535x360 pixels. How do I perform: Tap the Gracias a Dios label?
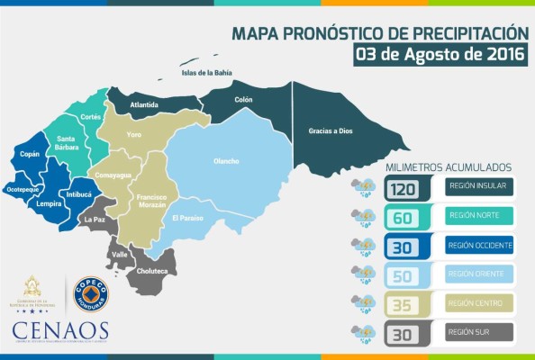(x=327, y=130)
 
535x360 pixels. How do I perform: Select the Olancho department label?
(x=225, y=161)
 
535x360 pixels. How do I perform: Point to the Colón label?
(x=243, y=99)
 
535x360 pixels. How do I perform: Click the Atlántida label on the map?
(x=144, y=104)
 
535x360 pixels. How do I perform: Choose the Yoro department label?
(x=134, y=135)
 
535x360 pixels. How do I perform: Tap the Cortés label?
(x=90, y=117)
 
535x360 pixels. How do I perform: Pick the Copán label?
(x=30, y=155)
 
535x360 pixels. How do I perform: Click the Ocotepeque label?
(x=23, y=191)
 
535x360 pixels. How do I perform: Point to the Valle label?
(x=119, y=255)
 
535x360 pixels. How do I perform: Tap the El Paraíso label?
(x=186, y=218)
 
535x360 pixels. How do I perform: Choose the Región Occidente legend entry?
(x=478, y=246)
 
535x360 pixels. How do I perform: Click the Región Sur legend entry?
(x=478, y=333)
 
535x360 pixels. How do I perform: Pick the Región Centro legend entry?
(x=478, y=304)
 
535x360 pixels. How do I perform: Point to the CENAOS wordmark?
(x=60, y=330)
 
